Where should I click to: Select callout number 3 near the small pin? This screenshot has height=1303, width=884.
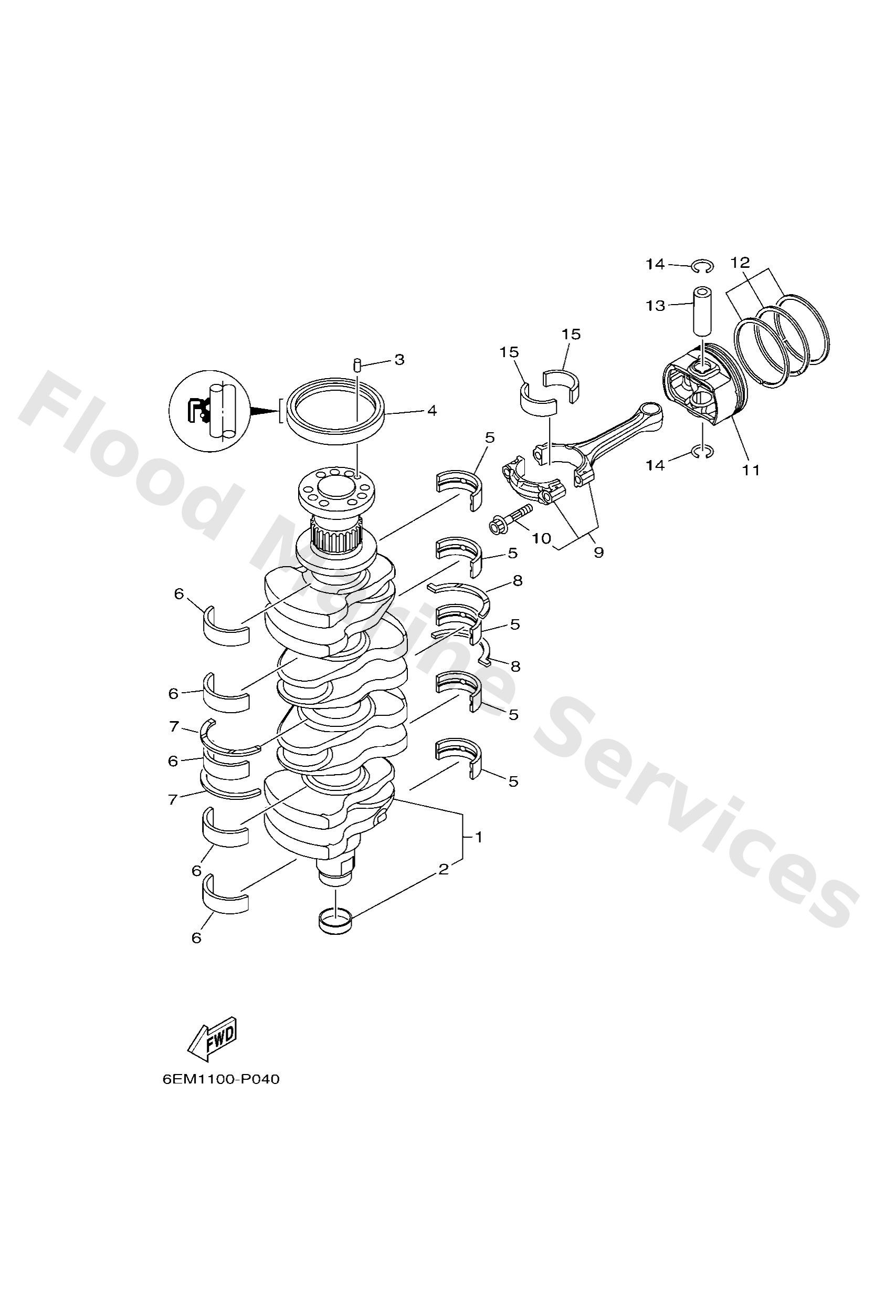click(399, 359)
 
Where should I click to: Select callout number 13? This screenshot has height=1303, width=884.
click(655, 306)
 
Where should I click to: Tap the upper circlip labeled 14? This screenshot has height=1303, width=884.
click(701, 266)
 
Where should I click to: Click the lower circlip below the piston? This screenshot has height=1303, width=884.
click(702, 451)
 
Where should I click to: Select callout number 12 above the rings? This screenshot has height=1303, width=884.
click(740, 263)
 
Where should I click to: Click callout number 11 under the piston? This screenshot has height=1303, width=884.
click(751, 470)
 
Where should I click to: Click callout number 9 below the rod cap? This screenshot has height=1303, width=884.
click(598, 553)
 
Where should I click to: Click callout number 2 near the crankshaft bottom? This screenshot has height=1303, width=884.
click(444, 870)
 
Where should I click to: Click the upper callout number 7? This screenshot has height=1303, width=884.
click(174, 727)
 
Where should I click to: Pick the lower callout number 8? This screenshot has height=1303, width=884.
click(515, 666)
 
